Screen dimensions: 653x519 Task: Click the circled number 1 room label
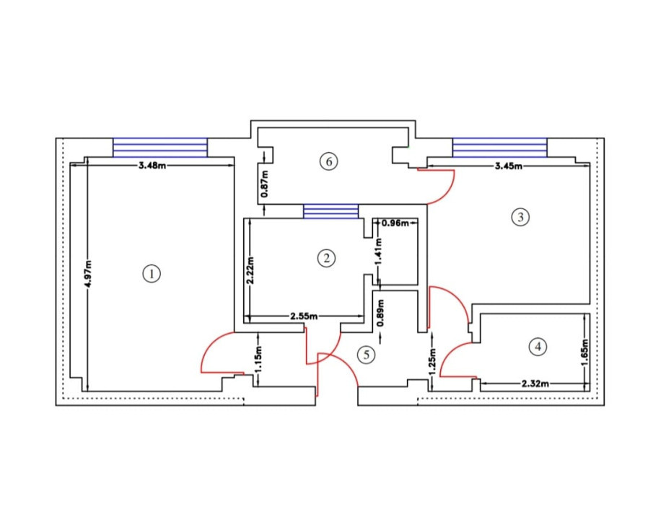(152, 274)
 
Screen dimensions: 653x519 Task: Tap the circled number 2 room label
(326, 258)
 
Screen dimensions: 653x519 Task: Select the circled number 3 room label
(520, 217)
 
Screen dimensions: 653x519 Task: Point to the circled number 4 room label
(538, 347)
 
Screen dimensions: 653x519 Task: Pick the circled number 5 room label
(367, 355)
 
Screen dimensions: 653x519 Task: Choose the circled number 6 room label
(328, 161)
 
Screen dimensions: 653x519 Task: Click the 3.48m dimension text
(152, 166)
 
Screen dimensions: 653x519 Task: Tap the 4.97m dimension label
(88, 274)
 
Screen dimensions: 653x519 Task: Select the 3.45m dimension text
(509, 167)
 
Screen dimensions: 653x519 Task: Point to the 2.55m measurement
(304, 316)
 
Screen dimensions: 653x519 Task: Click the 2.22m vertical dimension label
(250, 270)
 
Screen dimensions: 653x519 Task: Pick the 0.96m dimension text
(395, 223)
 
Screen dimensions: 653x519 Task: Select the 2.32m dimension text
(535, 383)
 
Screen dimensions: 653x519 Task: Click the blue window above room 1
(160, 147)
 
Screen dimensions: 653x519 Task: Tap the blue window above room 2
(330, 211)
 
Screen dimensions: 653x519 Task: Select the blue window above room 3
(500, 147)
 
